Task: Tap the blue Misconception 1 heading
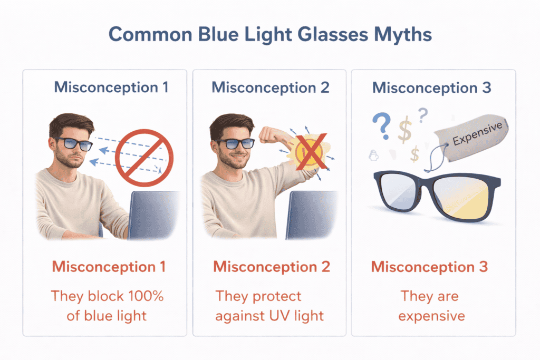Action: tap(111, 87)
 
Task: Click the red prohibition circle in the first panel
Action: tap(144, 153)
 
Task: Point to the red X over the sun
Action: tap(300, 153)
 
